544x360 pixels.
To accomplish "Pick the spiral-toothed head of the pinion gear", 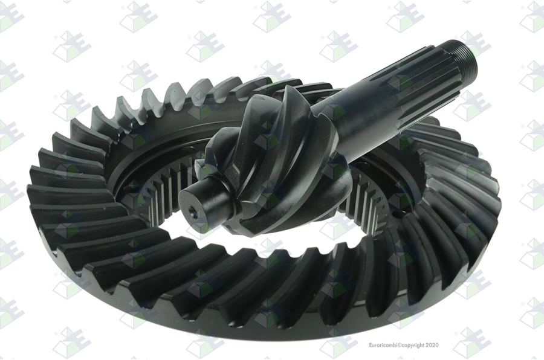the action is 274,163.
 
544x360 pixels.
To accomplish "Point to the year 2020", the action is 432,345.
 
